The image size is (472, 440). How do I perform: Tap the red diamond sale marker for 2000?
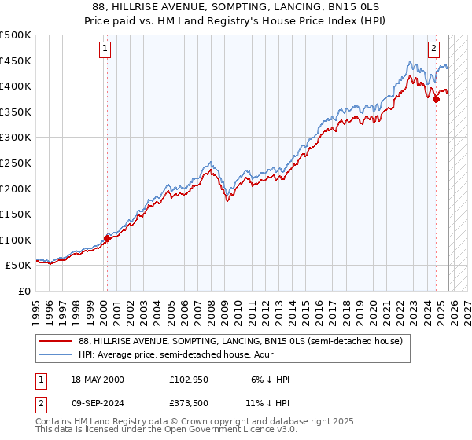click(x=107, y=238)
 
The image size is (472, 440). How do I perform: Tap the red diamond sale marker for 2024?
click(x=436, y=99)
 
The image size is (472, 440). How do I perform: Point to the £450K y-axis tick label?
click(x=16, y=61)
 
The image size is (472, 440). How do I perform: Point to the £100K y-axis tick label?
click(x=16, y=240)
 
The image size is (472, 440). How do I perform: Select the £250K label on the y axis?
click(x=16, y=163)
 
